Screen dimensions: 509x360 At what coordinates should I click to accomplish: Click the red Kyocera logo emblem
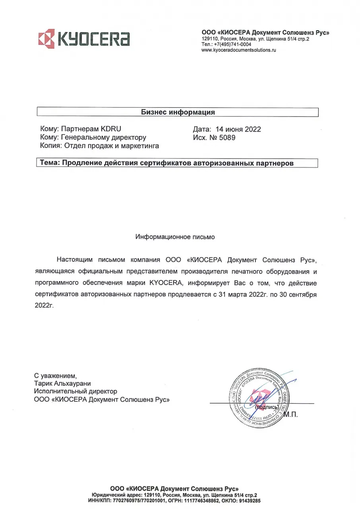click(46, 39)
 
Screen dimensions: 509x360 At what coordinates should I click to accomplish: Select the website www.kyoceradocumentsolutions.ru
click(238, 50)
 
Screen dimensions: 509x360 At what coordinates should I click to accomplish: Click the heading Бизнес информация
click(178, 112)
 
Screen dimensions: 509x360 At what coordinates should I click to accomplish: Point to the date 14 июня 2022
click(238, 129)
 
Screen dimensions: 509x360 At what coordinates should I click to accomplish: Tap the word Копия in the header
click(51, 146)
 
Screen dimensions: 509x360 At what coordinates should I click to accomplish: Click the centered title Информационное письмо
click(175, 237)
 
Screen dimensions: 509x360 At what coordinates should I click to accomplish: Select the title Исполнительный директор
click(75, 391)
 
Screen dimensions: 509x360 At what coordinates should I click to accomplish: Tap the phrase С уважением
click(55, 375)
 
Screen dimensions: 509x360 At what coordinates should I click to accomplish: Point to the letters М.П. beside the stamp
click(290, 415)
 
